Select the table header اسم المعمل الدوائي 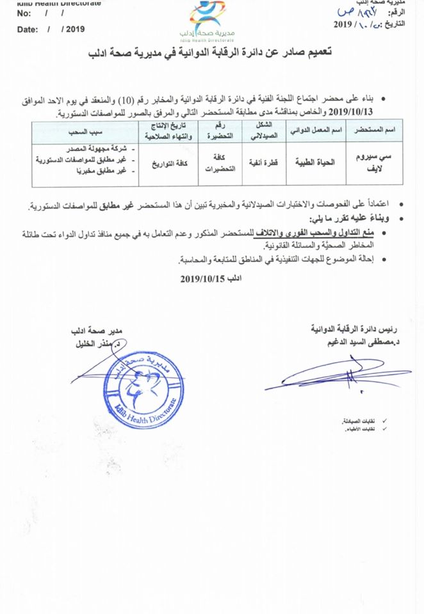(x=312, y=130)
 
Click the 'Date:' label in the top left (x=27, y=29)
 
